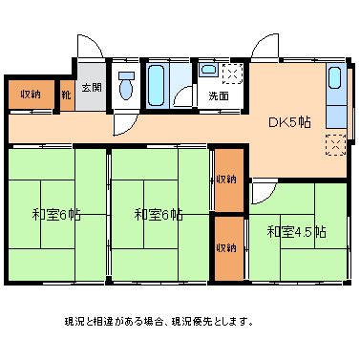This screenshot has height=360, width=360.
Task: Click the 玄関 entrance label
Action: click(91, 88)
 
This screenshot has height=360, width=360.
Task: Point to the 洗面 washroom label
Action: click(218, 96)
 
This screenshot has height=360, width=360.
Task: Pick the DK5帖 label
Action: click(289, 121)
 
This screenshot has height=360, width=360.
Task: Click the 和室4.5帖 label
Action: click(296, 231)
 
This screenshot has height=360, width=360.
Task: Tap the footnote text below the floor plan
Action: click(159, 321)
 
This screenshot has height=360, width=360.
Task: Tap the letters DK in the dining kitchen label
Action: click(276, 121)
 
